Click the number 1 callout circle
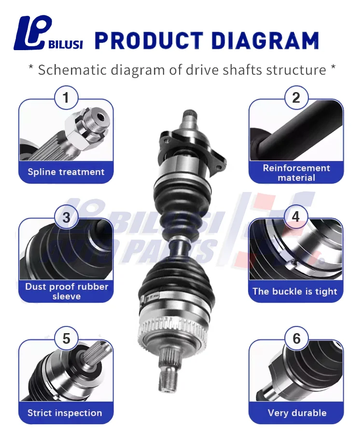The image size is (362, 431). coord(66,98)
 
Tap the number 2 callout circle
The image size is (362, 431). coord(296,98)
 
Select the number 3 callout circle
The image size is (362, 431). coord(66,218)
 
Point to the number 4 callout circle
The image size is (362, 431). coord(296,218)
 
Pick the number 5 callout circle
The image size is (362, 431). coord(66,338)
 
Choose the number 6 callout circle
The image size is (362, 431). coord(296,338)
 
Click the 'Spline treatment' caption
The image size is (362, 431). coord(66,172)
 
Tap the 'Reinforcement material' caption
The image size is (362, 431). coord(296,173)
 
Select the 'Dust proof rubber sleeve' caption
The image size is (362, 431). coord(67,291)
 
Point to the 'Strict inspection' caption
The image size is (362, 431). coord(65,413)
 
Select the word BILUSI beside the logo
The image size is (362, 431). coord(66,44)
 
